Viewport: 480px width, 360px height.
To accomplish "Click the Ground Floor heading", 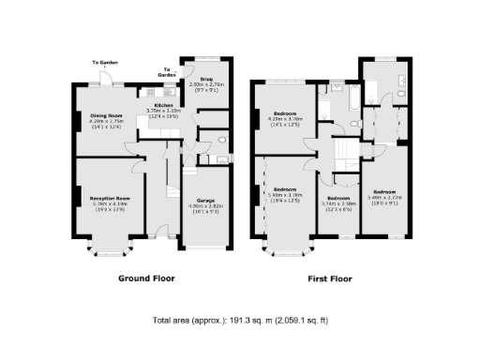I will coord(146,278).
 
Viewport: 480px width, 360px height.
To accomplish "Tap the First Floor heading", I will coord(335,278).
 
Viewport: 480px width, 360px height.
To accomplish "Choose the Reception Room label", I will coord(110,199).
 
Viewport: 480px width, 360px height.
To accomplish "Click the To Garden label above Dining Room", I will coord(104,63).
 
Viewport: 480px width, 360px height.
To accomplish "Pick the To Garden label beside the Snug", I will coord(167,71).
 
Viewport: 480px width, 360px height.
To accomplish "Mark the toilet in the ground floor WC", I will coord(221,142).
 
